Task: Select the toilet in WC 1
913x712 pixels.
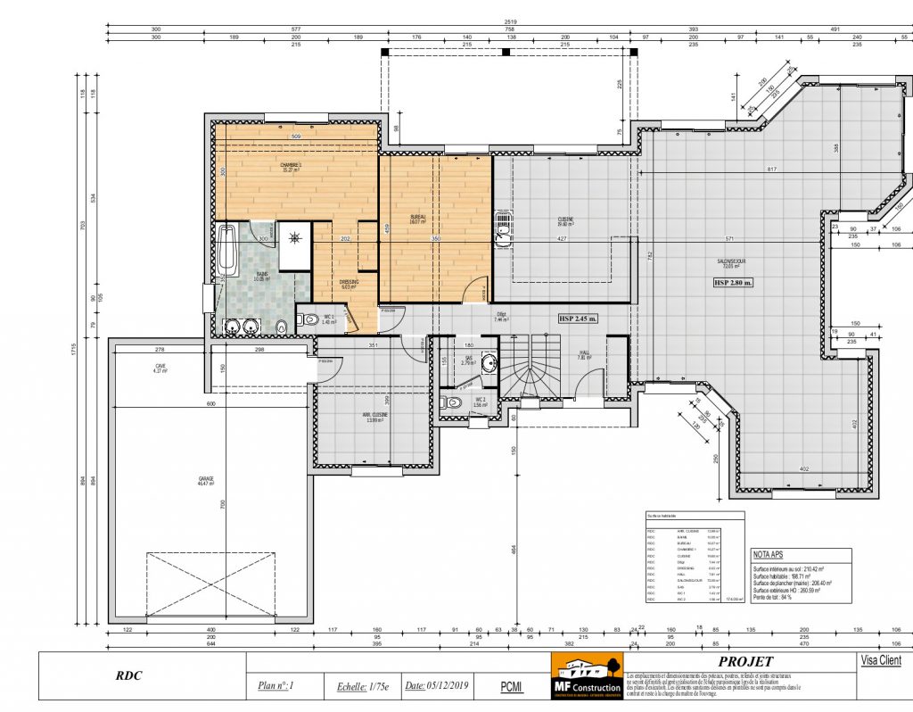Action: (x=309, y=320)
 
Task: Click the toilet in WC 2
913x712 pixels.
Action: (x=453, y=403)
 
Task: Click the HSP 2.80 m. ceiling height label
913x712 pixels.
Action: (x=733, y=282)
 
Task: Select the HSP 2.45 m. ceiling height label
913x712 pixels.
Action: (x=578, y=319)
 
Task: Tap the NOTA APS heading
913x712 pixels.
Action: (x=769, y=554)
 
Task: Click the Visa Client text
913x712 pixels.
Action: (x=881, y=661)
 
